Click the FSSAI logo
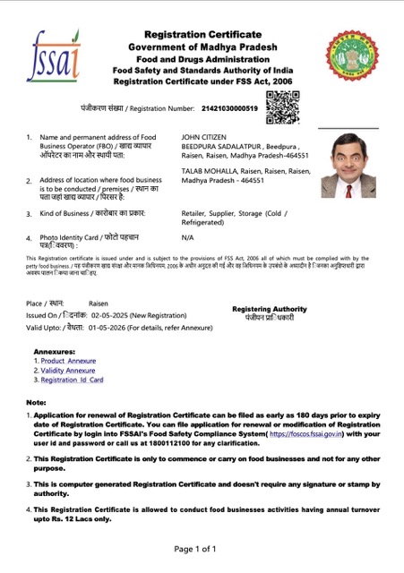[53, 55]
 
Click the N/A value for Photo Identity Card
[187, 238]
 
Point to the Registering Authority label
[269, 309]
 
